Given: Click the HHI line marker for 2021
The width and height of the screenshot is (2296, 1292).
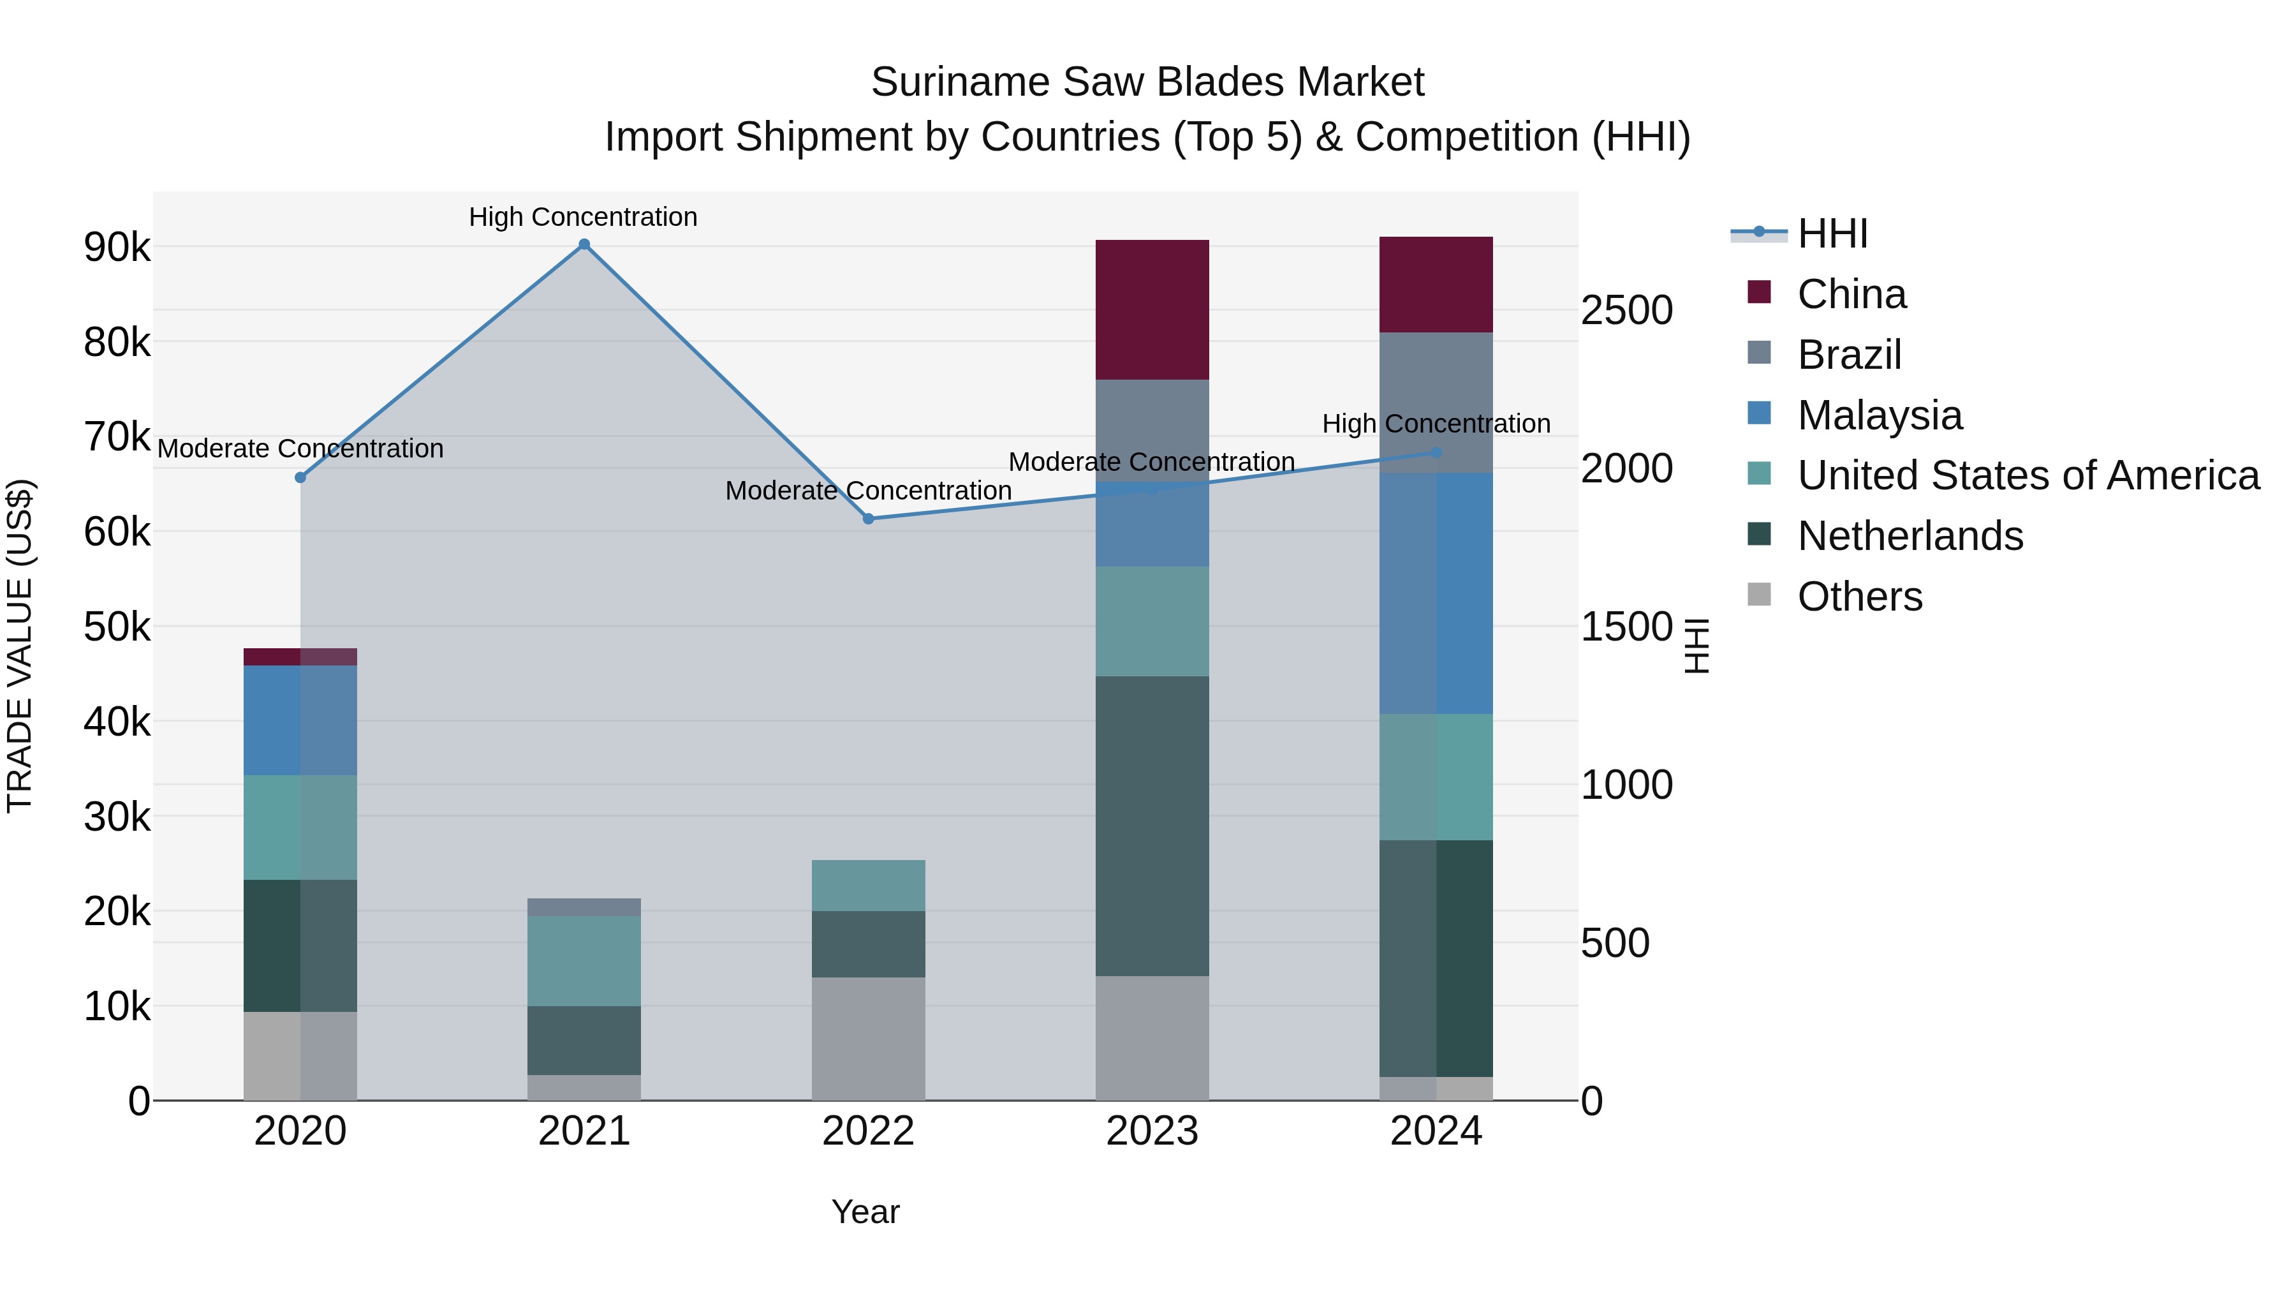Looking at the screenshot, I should click(584, 244).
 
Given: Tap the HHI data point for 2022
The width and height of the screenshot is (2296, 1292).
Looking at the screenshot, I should click(868, 519).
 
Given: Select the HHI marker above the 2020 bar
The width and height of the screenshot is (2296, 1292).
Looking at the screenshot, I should click(300, 478).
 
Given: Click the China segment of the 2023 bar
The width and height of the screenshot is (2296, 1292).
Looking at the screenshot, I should click(1152, 309).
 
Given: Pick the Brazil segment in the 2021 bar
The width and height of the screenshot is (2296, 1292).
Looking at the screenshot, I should click(584, 907).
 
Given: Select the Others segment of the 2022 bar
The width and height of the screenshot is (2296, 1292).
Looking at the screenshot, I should click(868, 1039).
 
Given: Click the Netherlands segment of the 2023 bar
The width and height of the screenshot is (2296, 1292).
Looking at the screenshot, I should click(1152, 826).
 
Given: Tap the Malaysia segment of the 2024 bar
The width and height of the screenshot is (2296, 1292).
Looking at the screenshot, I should click(1436, 593).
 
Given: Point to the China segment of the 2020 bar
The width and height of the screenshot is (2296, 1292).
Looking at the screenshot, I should click(300, 657).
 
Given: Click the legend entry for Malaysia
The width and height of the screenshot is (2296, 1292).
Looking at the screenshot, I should click(1879, 415).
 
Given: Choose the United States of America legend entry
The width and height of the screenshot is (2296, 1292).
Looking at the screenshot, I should click(2027, 475).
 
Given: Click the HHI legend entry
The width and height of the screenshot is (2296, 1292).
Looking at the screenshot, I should click(1832, 234).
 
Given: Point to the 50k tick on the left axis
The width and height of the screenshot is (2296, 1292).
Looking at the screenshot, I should click(117, 627).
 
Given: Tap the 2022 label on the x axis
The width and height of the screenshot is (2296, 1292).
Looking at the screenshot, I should click(868, 1131).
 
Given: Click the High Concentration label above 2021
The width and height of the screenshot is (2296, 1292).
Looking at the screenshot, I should click(583, 217).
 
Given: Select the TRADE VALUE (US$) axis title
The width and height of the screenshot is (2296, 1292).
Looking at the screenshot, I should click(20, 646).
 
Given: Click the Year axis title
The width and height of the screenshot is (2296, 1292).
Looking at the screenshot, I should click(865, 1212).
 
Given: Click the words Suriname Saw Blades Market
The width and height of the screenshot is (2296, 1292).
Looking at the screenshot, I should click(1147, 82).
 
